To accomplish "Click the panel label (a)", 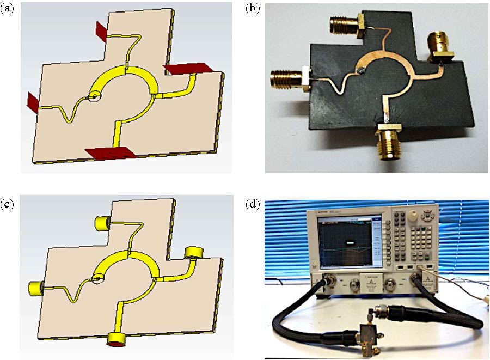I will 8,10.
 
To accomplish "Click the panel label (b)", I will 252,10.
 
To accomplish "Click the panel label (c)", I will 8,205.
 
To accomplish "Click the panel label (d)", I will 252,205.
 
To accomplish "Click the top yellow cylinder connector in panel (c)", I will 101,223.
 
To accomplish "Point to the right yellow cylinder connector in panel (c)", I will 193,252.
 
